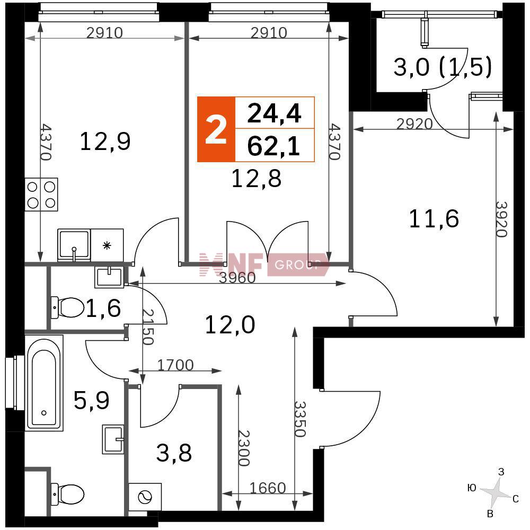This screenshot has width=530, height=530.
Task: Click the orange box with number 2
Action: click(x=216, y=129)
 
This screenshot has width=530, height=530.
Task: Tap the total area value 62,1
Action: click(x=274, y=147)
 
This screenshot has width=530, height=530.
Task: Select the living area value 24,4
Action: click(x=274, y=113)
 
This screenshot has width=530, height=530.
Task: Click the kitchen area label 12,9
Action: click(x=105, y=142)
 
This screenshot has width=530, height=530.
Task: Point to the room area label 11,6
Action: click(x=434, y=219)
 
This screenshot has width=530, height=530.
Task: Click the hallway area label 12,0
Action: click(x=230, y=325)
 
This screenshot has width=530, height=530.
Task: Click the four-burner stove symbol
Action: click(x=41, y=195)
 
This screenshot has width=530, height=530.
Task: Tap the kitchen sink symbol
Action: click(x=74, y=245)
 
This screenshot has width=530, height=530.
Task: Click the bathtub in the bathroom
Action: click(x=44, y=383)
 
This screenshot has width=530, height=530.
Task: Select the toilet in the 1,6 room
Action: click(x=68, y=307)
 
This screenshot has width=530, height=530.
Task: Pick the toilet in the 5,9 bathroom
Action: click(x=68, y=494)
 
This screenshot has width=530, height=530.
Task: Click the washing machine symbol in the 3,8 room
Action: click(x=145, y=497)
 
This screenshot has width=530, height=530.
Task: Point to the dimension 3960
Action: click(x=237, y=278)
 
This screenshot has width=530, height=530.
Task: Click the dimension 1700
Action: click(x=175, y=365)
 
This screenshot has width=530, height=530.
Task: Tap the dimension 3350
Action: click(x=300, y=419)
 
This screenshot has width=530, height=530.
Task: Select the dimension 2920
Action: click(x=414, y=124)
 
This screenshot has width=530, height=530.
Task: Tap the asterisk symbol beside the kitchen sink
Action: click(x=107, y=245)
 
